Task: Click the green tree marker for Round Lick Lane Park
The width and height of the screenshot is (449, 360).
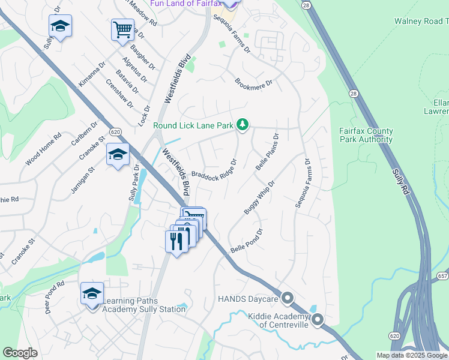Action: (243, 124)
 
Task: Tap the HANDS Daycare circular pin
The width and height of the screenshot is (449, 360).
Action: (288, 298)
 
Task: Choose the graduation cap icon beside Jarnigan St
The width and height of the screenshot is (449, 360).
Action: (118, 154)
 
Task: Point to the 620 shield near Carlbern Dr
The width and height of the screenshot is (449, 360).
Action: (116, 131)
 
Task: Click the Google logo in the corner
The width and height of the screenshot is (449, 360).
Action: (20, 353)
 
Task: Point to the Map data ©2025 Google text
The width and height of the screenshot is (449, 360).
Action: (412, 355)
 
